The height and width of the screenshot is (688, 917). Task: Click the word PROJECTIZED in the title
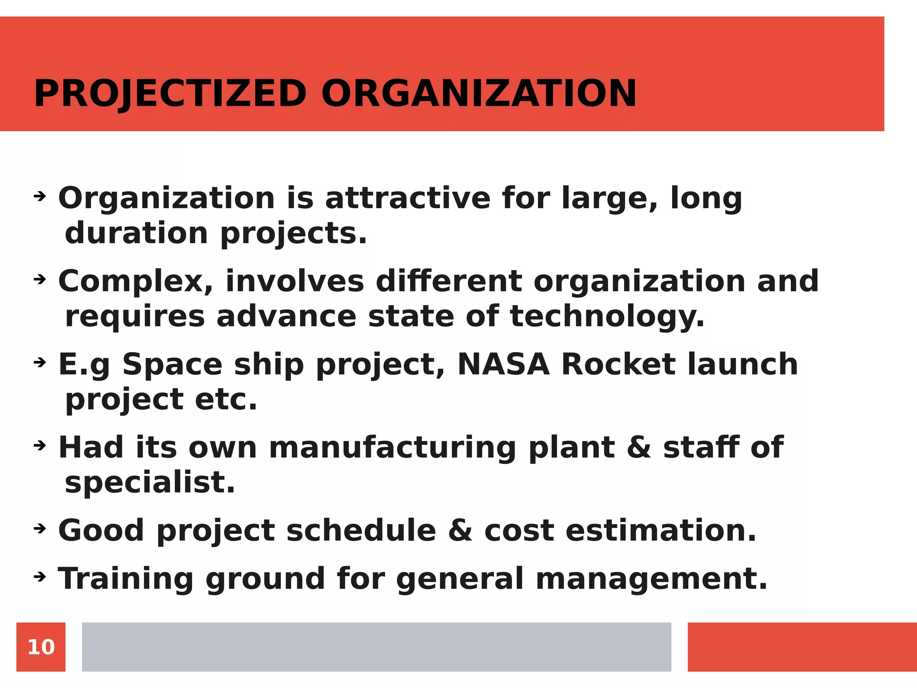[170, 94]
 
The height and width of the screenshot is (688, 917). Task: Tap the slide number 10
[41, 647]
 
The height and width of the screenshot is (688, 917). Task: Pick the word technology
[607, 316]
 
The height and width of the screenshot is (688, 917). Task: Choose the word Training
[126, 578]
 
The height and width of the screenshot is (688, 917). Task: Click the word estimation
[661, 530]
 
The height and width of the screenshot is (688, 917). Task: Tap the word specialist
[150, 482]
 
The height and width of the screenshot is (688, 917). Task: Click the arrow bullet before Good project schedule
[40, 529]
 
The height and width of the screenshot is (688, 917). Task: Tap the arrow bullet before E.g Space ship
[40, 362]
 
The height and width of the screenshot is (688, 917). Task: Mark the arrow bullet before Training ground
[40, 577]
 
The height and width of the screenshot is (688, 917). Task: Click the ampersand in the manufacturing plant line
[639, 447]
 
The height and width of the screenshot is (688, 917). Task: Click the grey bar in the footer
[376, 647]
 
